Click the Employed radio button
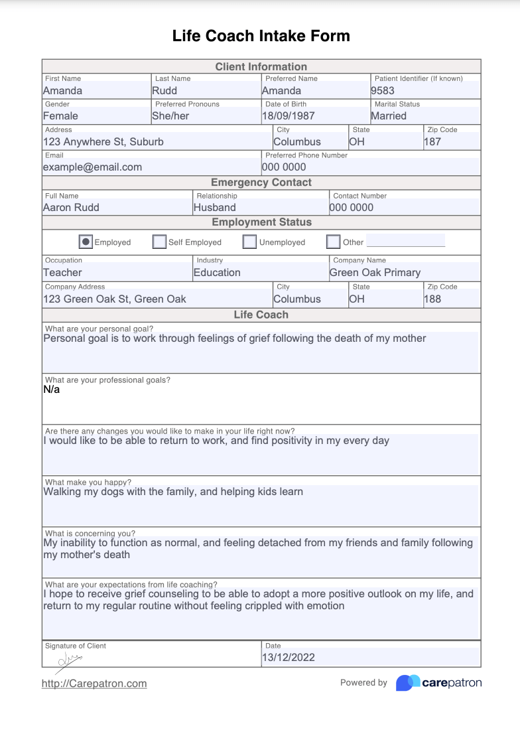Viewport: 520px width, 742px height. [86, 242]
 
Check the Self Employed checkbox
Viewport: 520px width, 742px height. [159, 242]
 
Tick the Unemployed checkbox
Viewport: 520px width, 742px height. [249, 242]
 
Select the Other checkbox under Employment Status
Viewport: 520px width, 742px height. [334, 242]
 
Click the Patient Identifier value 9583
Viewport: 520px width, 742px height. [383, 91]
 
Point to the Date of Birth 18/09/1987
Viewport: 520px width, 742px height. [288, 116]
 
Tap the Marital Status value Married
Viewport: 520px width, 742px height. [389, 116]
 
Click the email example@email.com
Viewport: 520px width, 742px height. [92, 167]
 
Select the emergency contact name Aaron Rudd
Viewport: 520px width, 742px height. [71, 207]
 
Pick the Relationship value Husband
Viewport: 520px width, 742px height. [214, 207]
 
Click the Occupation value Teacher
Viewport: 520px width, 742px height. [62, 272]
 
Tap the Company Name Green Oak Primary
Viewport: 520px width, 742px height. [375, 272]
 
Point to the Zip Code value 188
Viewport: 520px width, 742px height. [432, 299]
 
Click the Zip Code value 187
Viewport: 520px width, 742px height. [432, 141]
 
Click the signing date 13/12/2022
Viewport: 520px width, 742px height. [289, 658]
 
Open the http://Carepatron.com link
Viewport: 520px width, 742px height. [94, 684]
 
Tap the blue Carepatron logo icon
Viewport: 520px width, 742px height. [408, 683]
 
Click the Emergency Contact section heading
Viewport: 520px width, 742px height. [261, 183]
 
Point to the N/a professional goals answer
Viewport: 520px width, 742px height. [52, 390]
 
